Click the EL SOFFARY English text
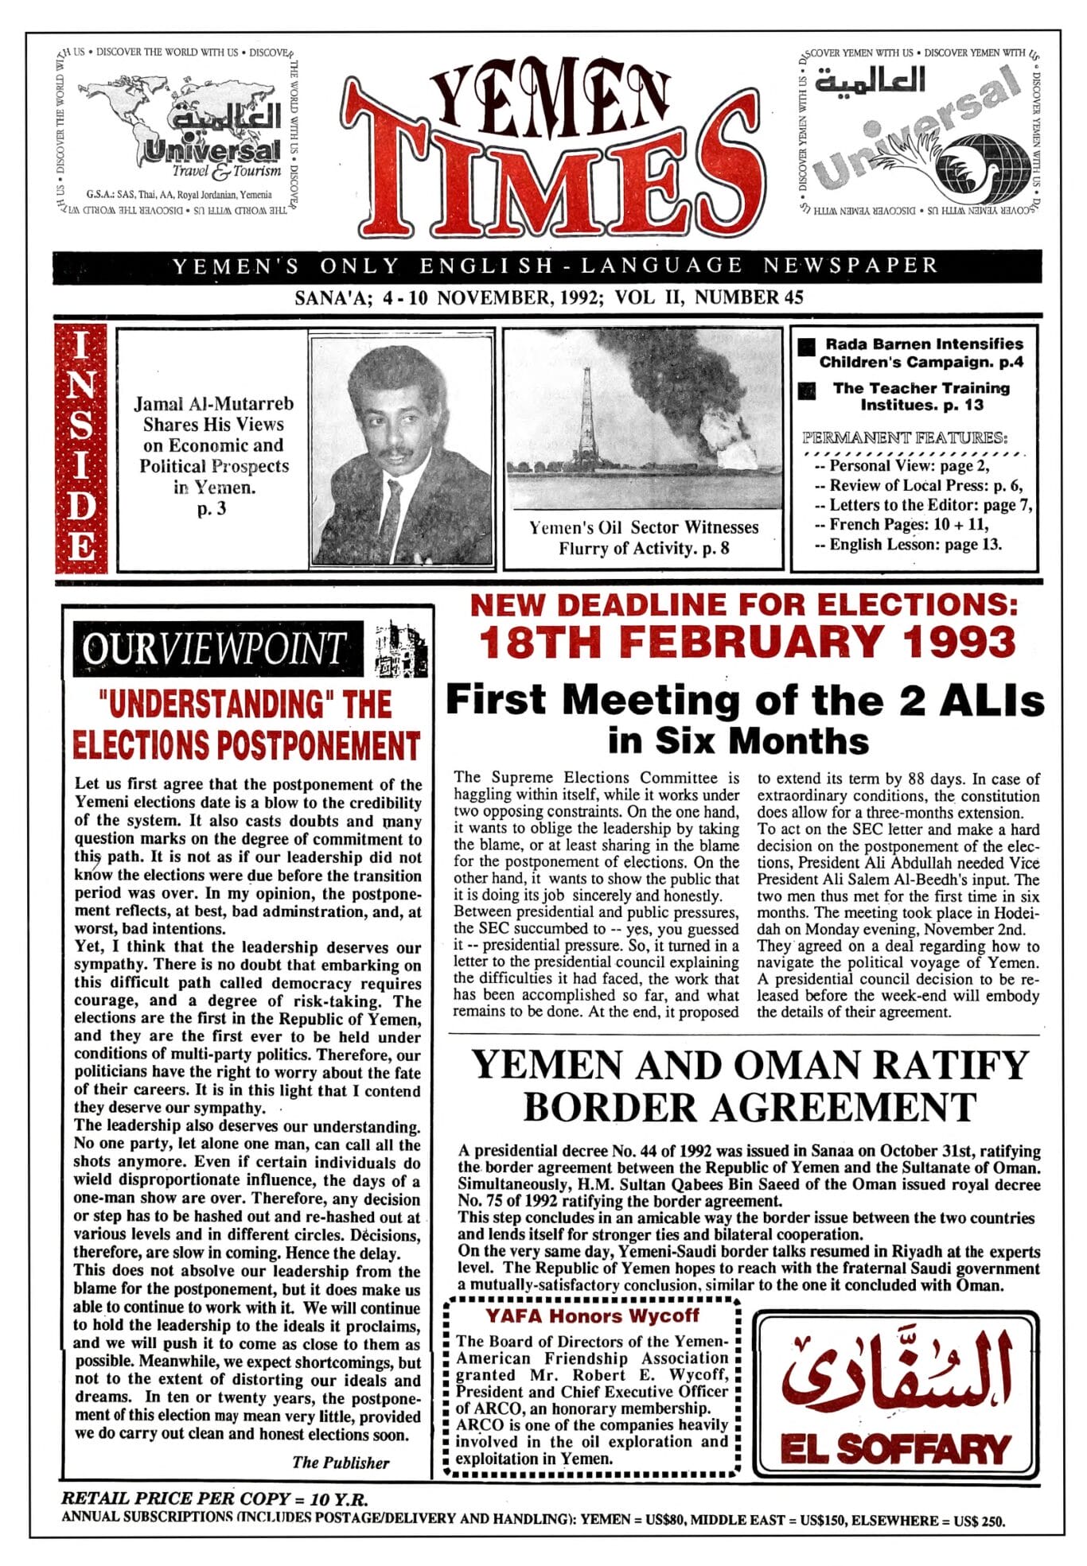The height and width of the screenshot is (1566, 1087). point(895,1448)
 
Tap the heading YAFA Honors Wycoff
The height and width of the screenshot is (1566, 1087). point(592,1315)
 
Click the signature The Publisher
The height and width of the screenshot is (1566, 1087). point(341,1462)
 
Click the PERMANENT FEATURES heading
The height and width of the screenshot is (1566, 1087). point(905,437)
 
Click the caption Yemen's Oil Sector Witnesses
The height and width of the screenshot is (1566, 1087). point(644,527)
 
